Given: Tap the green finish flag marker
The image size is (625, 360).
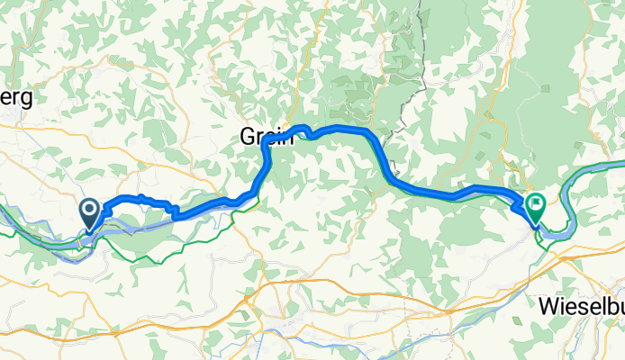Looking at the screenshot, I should point(535,208).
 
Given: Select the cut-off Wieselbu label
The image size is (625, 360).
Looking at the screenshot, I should point(582,307).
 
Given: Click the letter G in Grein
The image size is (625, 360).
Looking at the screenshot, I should point(248,137).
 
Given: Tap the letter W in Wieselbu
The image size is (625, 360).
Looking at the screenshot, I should point(550,307).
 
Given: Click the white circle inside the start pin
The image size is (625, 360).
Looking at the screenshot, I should point(91,210).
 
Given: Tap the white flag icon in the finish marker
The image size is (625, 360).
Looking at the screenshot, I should point(536,206).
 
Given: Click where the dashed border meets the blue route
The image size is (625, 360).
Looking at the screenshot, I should point(385,148).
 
